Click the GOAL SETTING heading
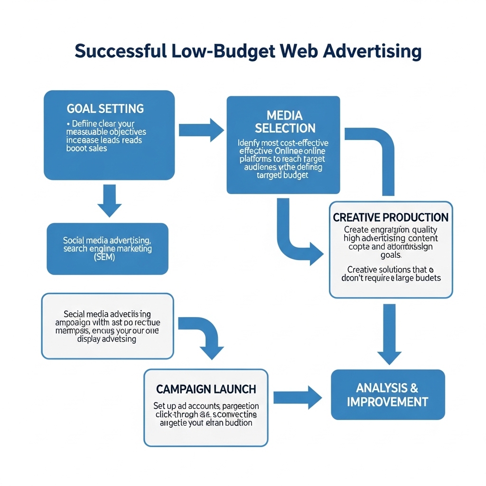coord(105,108)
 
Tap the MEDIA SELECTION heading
coord(285,121)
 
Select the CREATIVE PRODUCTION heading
coord(391,217)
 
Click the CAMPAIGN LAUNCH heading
coord(206,389)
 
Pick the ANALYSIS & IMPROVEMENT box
coord(388,395)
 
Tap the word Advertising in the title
coord(372,51)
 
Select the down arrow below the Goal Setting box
coord(109,200)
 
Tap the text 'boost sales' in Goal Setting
coord(87,149)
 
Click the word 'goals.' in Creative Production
coord(391,255)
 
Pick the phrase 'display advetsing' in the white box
coord(107,339)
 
